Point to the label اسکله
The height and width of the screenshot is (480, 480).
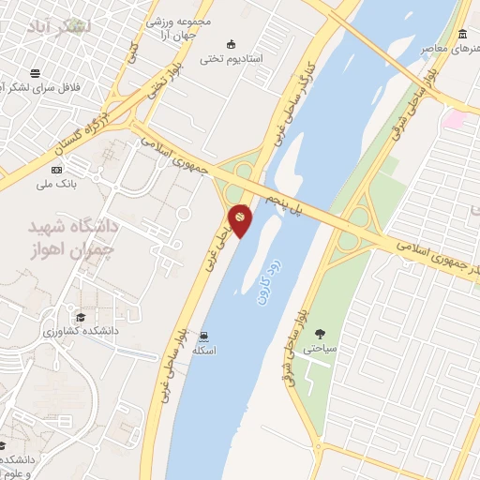(x=204, y=351)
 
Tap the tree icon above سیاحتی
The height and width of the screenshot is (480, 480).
(x=322, y=334)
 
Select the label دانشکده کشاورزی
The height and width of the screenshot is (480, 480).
(x=79, y=331)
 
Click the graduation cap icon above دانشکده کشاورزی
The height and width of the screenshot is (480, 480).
(x=80, y=317)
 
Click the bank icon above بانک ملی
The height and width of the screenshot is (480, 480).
(x=57, y=170)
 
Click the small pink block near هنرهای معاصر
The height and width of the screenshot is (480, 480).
(x=455, y=119)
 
